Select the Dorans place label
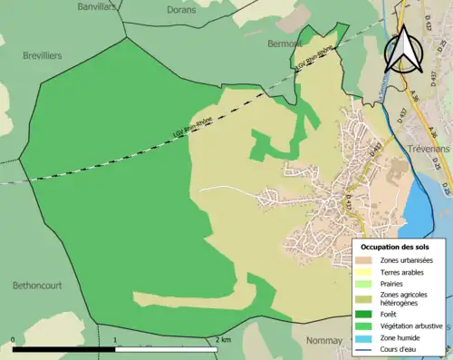[x=181, y=10]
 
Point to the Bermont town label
[x=284, y=43]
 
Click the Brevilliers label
[x=43, y=55]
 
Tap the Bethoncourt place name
[x=36, y=285]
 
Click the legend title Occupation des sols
[x=395, y=247]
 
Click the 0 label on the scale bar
[x=14, y=340]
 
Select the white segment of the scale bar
[x=166, y=348]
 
